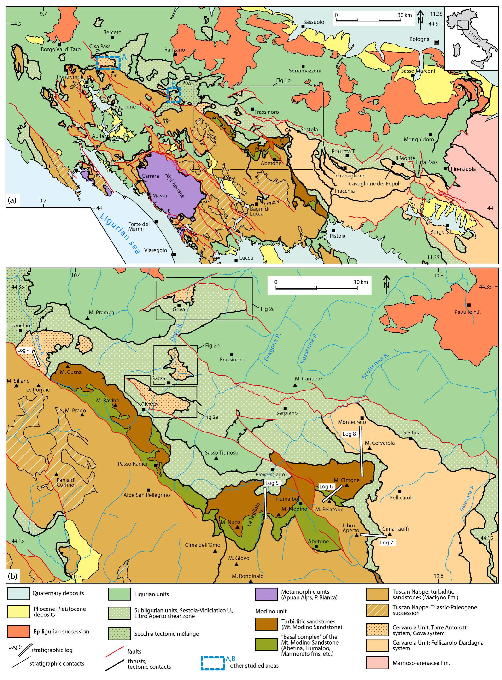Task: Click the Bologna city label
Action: tap(419, 39)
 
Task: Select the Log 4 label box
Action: tap(24, 350)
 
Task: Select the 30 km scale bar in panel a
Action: tap(374, 20)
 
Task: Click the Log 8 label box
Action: tap(349, 434)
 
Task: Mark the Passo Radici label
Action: tap(133, 464)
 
